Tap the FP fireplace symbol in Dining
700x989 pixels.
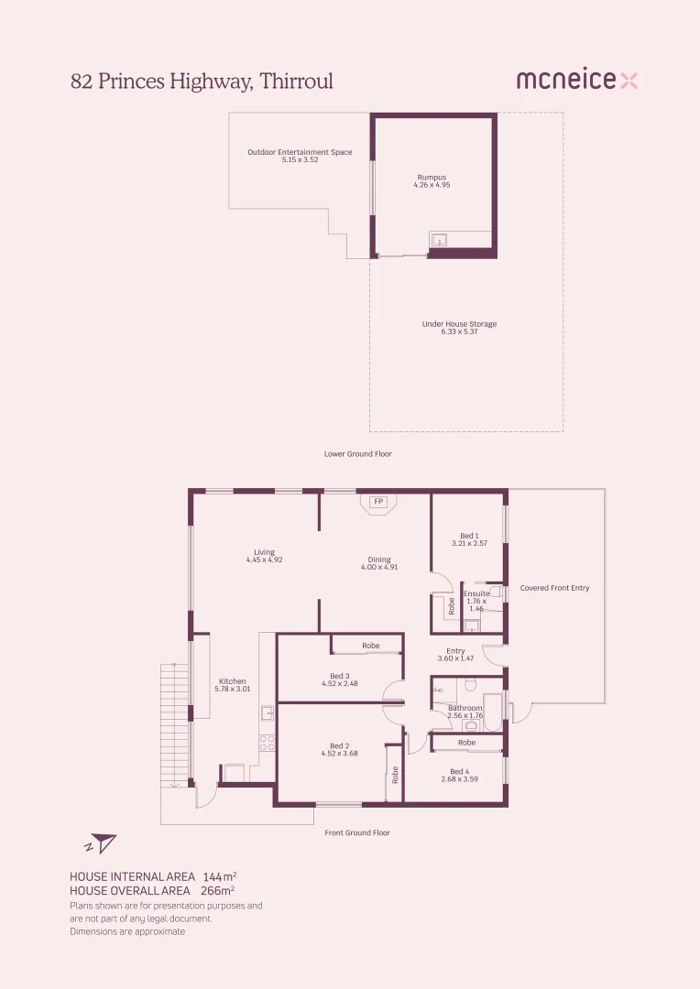tap(377, 502)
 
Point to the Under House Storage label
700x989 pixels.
tap(459, 324)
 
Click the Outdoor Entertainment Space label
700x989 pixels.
tap(300, 152)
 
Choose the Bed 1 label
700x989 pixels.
tap(469, 536)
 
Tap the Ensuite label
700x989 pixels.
tap(476, 593)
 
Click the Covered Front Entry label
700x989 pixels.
tap(554, 588)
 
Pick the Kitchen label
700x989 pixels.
tap(233, 681)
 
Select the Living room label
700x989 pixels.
tap(264, 552)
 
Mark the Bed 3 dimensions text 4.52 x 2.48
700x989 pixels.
tap(340, 683)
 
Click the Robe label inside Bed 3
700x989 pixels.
tap(370, 646)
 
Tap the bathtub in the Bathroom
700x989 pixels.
tap(493, 712)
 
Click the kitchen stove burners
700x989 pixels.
tap(267, 743)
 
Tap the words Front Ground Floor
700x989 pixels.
tap(357, 832)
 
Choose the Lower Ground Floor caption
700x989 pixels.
tap(357, 453)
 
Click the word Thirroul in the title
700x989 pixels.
tap(297, 81)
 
